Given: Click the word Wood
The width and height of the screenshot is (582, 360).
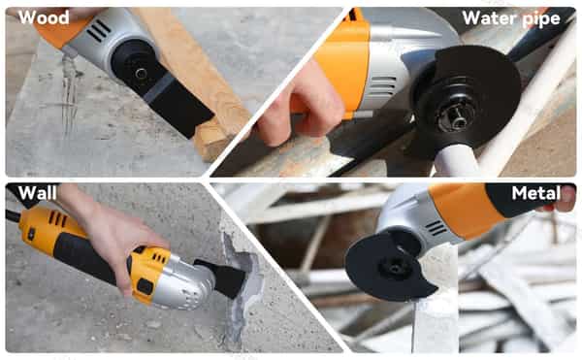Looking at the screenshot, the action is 44,17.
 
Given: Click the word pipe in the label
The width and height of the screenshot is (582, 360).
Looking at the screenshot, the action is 541,19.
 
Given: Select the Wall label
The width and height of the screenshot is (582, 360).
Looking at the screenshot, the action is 38,193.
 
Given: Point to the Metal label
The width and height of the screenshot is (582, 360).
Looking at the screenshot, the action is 536,193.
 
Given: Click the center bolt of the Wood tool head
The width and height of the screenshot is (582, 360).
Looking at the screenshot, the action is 141,73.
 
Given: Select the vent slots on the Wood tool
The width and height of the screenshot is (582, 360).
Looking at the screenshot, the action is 98,30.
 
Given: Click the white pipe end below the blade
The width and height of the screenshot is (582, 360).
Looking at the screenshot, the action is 456,159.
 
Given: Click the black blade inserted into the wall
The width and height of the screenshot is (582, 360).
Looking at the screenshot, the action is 223,278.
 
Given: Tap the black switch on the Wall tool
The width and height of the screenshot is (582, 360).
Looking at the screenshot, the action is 145,286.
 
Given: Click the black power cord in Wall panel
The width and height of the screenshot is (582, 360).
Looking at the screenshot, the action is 13,216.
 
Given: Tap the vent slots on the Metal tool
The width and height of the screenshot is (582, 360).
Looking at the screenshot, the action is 436,227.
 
